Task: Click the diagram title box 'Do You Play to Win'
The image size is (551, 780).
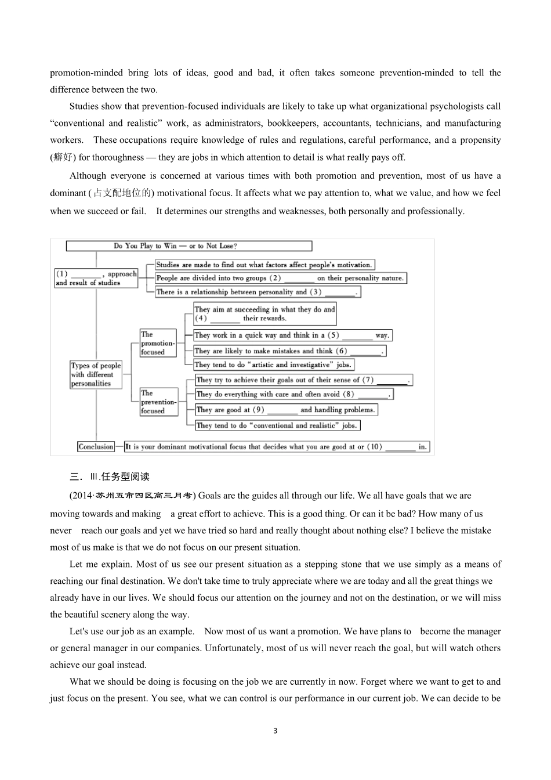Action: (188, 246)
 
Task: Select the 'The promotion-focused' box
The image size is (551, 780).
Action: (158, 343)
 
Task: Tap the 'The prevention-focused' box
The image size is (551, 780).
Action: (158, 402)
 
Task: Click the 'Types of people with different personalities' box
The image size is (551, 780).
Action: (96, 374)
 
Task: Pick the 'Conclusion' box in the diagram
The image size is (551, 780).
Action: (96, 446)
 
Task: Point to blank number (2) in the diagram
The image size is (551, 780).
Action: (299, 279)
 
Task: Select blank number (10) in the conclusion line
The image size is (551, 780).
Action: (400, 447)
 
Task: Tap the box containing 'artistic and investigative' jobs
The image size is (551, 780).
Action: (273, 364)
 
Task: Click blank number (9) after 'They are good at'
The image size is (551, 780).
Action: (282, 410)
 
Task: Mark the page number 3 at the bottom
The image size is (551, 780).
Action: (275, 731)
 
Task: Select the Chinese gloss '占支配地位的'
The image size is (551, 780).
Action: (122, 193)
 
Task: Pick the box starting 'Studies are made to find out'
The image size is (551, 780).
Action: (264, 265)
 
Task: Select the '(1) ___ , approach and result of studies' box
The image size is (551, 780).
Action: (96, 278)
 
